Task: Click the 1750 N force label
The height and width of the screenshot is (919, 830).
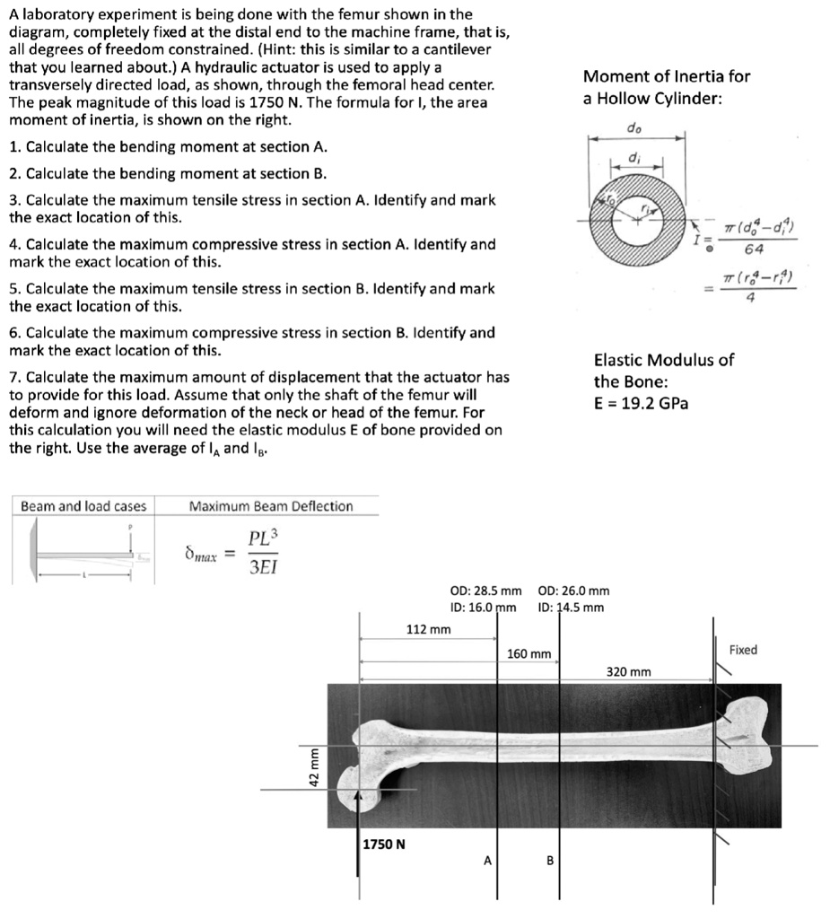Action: point(383,844)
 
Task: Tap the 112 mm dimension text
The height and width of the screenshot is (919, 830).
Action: point(428,629)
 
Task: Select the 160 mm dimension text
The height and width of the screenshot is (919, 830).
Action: point(529,654)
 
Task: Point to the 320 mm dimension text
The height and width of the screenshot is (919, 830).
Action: point(629,671)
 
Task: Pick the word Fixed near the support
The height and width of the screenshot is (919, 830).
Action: point(743,649)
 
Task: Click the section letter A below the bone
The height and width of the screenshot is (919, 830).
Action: point(487,861)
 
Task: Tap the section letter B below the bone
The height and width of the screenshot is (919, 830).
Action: point(550,861)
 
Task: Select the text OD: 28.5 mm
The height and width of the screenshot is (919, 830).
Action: point(485,591)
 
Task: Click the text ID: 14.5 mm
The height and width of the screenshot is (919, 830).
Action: point(571,608)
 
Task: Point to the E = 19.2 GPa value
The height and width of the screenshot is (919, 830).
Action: point(641,403)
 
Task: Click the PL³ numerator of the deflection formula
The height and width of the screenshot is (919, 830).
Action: point(263,538)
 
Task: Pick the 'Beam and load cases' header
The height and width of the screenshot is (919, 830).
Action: point(83,506)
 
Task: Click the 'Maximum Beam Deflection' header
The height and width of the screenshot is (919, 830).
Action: point(271,506)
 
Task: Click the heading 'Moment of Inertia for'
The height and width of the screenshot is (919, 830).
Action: point(666,76)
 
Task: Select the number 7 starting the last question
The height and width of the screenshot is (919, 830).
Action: point(13,377)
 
